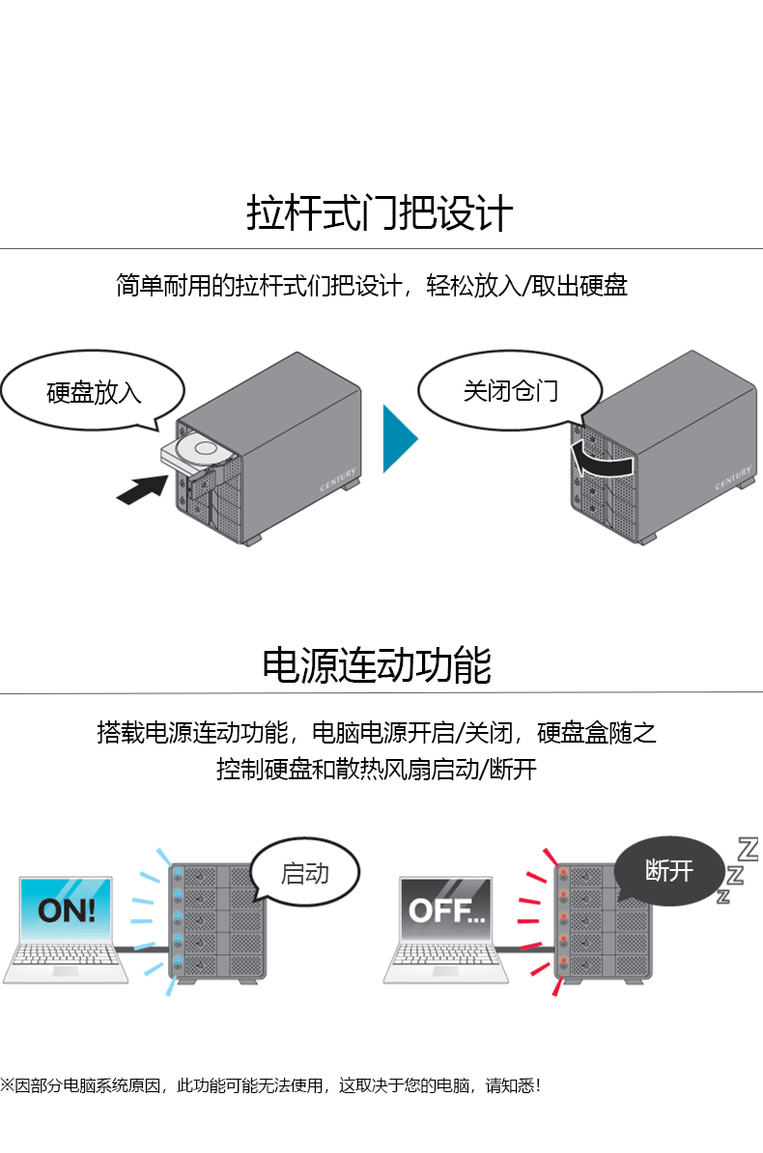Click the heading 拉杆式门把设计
[380, 213]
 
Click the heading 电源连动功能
[377, 665]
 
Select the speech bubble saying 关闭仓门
[510, 390]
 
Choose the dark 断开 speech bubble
[668, 870]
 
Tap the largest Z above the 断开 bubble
[748, 849]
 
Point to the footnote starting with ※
[270, 1085]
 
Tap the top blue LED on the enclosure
[179, 875]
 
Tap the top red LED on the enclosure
[562, 875]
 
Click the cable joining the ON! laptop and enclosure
[145, 949]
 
